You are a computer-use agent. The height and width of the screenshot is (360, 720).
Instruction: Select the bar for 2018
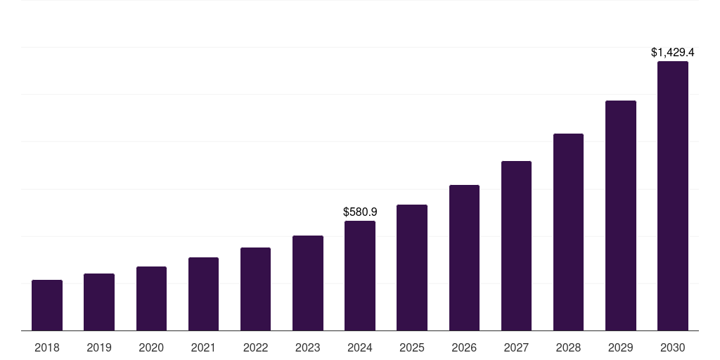[47, 305]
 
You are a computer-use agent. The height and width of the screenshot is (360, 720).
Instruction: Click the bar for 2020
[151, 299]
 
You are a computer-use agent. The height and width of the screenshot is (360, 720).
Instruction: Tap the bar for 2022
[255, 289]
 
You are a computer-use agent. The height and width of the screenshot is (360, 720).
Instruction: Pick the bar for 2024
[360, 276]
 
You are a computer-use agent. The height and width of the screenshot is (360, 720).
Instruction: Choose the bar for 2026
[464, 258]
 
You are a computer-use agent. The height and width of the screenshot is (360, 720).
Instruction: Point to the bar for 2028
[568, 232]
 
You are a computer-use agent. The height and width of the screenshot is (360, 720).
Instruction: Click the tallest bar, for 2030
[673, 196]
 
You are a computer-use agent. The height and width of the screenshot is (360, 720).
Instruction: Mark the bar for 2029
[621, 216]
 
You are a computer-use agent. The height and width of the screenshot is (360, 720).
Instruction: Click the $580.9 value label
[360, 212]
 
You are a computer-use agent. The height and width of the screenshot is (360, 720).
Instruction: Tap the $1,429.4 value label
[673, 52]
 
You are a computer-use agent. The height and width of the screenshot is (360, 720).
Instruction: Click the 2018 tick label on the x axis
[47, 347]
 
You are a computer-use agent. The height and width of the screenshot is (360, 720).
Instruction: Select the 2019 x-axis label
[99, 347]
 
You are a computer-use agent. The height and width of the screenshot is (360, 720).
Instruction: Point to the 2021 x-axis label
[203, 347]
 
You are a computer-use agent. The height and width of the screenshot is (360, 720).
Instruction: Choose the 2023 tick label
[308, 347]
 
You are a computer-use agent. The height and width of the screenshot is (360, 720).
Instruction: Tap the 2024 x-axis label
[360, 347]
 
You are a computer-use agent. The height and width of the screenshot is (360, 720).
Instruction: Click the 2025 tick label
[412, 347]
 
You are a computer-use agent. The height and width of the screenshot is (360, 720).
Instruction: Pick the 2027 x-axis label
[516, 347]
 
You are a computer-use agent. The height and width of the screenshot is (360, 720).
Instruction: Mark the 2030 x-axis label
[673, 347]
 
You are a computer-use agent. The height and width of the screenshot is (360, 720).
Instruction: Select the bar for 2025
[412, 268]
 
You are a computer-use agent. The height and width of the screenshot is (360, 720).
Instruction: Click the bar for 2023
[308, 283]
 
